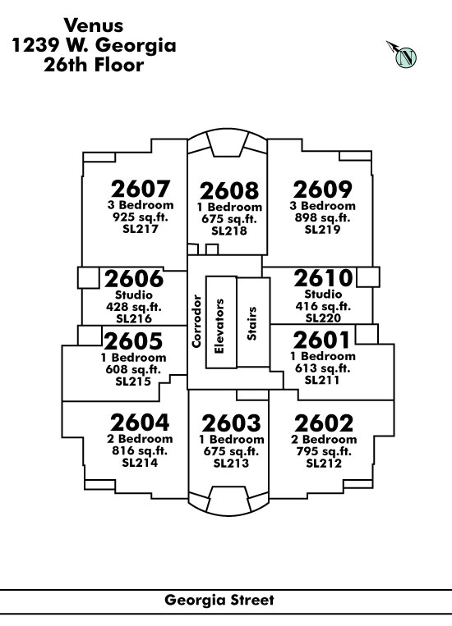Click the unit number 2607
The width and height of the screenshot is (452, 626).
[x=141, y=189]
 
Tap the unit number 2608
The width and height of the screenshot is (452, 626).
[x=229, y=191]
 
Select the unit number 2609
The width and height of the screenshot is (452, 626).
[x=322, y=190]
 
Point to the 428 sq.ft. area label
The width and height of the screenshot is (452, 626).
[x=134, y=307]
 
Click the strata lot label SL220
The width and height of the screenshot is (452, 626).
[x=323, y=318]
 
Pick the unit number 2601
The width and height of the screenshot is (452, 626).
[x=321, y=340]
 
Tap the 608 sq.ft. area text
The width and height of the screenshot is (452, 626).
[x=133, y=369]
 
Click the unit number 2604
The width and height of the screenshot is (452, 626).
[x=140, y=423]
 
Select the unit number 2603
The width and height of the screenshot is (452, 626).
[x=231, y=423]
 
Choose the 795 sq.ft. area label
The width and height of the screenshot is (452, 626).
[x=324, y=451]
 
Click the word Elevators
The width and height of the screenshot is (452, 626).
[x=219, y=327]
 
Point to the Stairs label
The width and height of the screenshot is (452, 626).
[x=251, y=323]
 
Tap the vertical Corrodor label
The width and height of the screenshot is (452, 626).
[x=196, y=321]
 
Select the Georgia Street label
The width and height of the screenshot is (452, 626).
[x=219, y=600]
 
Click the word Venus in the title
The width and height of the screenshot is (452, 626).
[x=94, y=25]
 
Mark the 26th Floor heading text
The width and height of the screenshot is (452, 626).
[x=94, y=65]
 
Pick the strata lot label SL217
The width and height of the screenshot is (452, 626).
[x=141, y=229]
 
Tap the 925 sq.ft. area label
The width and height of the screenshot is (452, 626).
[x=141, y=217]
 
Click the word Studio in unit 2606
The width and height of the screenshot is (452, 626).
[x=134, y=295]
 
